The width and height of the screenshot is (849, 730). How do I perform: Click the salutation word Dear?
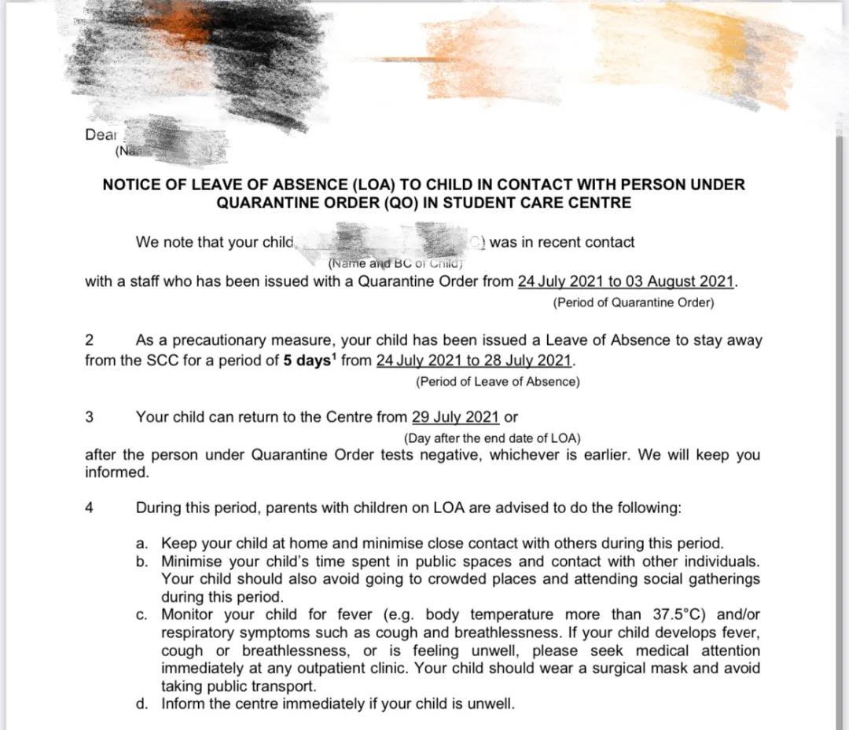(101, 134)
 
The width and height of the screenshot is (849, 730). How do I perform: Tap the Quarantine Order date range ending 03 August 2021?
(626, 282)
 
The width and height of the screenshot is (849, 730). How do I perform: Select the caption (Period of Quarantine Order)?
(634, 303)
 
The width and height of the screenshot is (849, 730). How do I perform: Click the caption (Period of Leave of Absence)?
(498, 382)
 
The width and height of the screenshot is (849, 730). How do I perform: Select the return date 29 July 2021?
(455, 417)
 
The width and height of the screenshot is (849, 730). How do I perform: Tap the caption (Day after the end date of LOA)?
(492, 438)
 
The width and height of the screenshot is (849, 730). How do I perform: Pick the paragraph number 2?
(90, 340)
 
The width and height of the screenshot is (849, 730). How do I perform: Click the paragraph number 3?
(90, 417)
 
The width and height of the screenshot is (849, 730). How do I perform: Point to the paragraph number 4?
(90, 508)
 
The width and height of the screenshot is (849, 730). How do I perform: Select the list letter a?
(141, 544)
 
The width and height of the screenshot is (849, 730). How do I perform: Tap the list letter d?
(141, 704)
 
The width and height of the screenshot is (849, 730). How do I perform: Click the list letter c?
(141, 614)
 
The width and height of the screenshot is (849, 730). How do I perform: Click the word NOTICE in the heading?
(130, 185)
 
